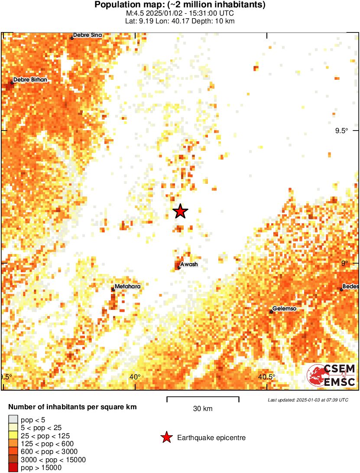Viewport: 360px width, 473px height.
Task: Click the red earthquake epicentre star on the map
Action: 180,211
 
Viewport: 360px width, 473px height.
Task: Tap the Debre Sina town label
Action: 87,35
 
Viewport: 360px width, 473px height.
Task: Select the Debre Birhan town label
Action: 30,80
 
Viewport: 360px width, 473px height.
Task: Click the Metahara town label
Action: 127,286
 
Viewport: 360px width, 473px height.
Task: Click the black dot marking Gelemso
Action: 272,311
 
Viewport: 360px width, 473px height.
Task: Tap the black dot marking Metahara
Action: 113,289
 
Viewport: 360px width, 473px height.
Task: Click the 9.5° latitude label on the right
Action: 341,131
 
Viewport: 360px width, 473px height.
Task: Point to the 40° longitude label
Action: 135,376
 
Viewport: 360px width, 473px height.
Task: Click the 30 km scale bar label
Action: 203,408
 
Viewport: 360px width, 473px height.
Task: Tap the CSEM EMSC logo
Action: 331,375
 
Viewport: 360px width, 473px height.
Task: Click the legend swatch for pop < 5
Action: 13,419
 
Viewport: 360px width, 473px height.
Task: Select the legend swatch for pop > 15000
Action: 13,467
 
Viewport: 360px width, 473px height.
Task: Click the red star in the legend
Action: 166,438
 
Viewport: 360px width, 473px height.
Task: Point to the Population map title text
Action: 180,5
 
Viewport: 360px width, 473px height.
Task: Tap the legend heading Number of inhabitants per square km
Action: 73,407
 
